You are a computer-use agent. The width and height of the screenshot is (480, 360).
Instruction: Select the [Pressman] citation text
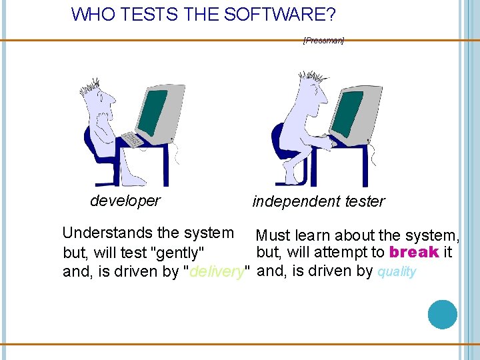pos(323,41)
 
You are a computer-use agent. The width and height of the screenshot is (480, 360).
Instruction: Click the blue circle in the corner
pos(443,314)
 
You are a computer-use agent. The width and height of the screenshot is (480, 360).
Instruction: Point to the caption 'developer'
pos(125,201)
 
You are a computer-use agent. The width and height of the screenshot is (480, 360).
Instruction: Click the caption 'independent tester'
pos(319,201)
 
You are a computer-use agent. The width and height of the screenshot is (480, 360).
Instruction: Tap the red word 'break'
pos(414,253)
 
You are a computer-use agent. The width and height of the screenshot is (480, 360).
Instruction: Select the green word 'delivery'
pos(216,271)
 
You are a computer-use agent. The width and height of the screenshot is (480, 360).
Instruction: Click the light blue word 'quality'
pos(397,271)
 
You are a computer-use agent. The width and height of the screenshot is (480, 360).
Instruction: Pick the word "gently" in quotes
pos(177,253)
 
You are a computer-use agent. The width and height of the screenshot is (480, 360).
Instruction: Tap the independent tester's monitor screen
pos(347,112)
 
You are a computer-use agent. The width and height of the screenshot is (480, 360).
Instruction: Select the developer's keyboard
pos(132,139)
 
